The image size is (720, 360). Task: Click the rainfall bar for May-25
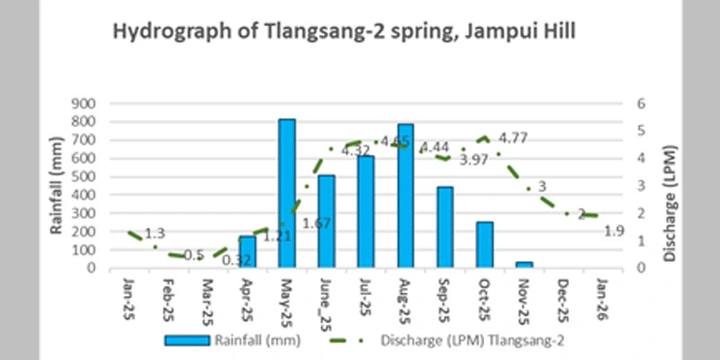287,193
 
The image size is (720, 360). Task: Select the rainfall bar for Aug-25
406,195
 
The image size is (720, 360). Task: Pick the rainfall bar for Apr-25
247,251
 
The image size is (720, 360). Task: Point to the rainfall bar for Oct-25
485,244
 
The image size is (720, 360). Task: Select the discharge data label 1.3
155,233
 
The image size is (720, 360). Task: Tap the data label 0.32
236,260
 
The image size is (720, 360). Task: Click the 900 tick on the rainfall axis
83,103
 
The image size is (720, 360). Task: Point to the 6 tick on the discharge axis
642,103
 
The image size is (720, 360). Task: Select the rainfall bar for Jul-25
365,211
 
